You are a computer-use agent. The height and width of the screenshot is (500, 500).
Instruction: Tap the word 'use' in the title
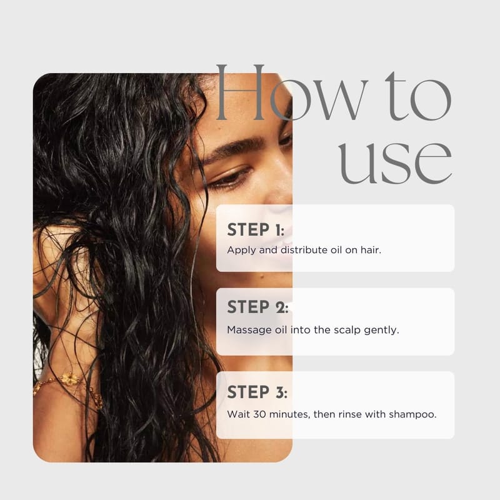pos(396,162)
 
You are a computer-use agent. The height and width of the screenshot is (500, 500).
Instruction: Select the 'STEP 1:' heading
pos(256,230)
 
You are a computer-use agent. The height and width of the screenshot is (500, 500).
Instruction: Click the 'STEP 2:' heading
pos(257,307)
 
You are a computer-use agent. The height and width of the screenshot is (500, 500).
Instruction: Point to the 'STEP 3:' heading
pos(257,392)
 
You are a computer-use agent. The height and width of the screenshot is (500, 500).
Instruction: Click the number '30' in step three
pos(259,414)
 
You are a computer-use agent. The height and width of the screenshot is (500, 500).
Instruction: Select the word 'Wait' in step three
pos(239,414)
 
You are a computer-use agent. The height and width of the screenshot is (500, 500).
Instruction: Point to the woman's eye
pos(230,178)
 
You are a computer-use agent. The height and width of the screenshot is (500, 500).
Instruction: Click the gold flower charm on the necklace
pos(69,379)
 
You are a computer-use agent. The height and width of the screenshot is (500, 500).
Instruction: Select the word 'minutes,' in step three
pos(289,414)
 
